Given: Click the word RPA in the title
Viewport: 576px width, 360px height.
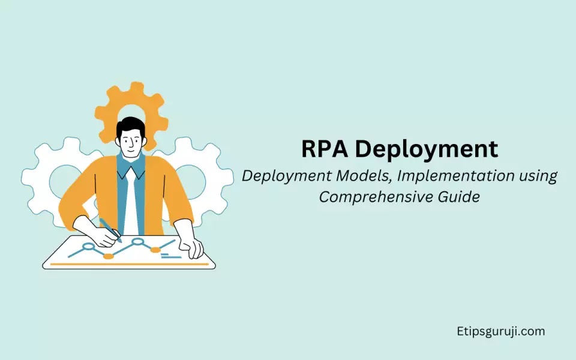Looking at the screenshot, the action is [325, 149].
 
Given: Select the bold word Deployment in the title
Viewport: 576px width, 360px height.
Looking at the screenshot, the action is [427, 150].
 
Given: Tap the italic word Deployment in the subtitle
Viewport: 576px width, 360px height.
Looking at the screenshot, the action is [286, 176].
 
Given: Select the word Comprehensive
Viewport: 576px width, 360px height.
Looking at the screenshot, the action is [376, 197].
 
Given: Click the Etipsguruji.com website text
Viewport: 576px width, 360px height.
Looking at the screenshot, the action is [500, 332].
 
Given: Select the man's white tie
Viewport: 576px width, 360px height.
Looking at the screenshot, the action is [131, 202].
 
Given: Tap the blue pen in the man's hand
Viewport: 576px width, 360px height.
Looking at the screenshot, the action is [110, 230].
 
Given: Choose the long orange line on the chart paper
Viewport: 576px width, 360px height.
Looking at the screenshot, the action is [130, 264].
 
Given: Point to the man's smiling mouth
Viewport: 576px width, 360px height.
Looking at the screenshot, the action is [131, 150].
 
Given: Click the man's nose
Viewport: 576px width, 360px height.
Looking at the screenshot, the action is [131, 143].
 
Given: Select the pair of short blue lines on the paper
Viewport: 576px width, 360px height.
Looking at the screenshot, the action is [171, 256].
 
